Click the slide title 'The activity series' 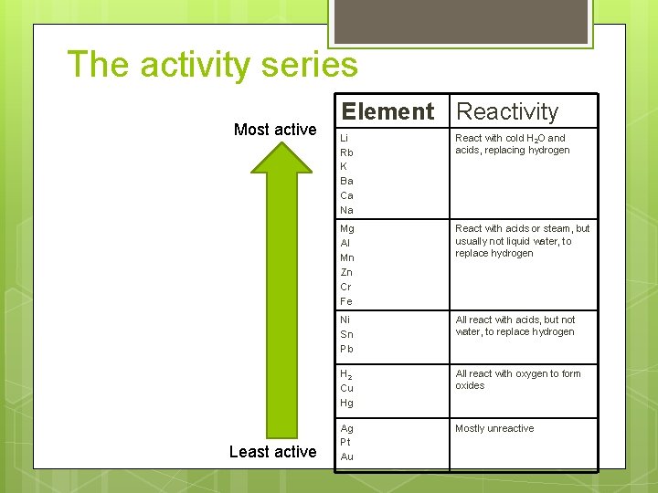click(212, 65)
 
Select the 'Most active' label click(275, 130)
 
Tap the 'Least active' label click(273, 451)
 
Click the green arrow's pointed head click(281, 156)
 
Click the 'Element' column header click(387, 111)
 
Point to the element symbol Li click(345, 138)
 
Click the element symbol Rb click(346, 152)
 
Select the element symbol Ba click(346, 181)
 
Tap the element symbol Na click(346, 210)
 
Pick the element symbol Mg click(347, 228)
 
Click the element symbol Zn click(346, 272)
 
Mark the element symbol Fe click(346, 301)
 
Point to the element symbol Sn click(346, 334)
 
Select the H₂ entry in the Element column click(346, 373)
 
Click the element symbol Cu click(346, 388)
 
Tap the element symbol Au click(346, 456)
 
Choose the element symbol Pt click(345, 442)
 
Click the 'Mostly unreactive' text click(494, 428)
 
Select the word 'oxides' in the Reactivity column click(470, 385)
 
